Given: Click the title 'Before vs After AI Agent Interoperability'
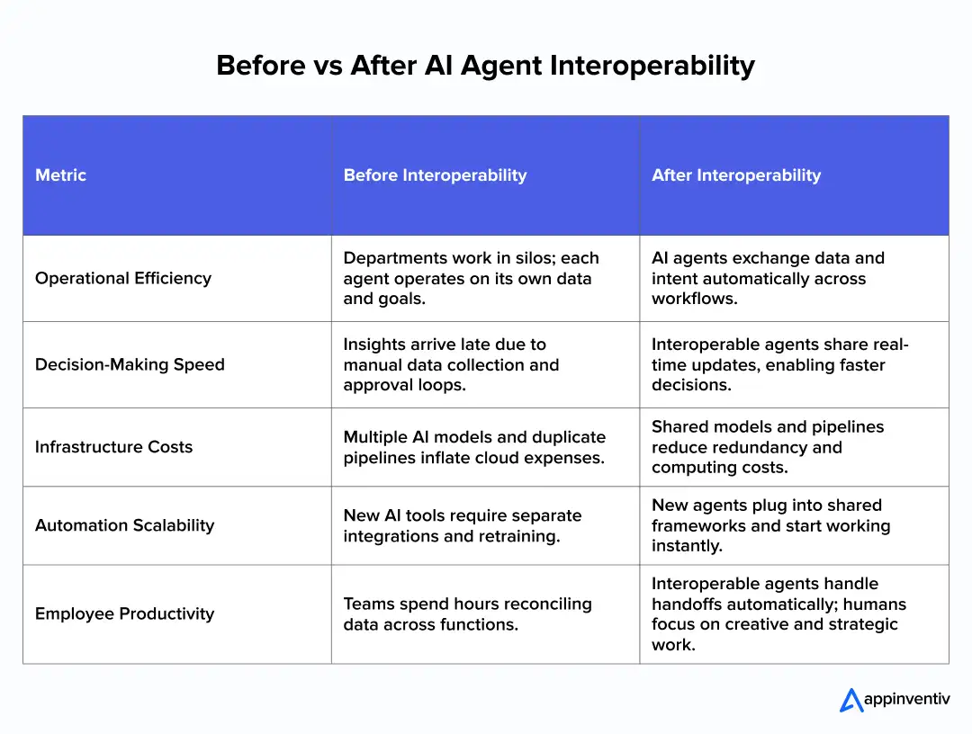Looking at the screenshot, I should (485, 66).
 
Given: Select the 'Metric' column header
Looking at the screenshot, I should (60, 175).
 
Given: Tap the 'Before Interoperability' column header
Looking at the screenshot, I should (435, 175).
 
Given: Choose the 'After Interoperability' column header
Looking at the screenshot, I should (736, 175).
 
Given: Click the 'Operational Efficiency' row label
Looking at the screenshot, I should (123, 278).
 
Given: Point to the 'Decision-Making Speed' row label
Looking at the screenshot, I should (130, 364).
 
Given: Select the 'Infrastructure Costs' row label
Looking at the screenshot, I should (113, 447).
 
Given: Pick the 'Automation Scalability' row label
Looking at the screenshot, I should (124, 525).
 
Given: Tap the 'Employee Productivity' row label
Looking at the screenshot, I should (124, 613).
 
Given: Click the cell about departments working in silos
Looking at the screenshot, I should (471, 278).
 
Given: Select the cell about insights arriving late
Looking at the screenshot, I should (451, 364).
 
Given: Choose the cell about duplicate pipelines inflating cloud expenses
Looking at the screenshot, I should (474, 447).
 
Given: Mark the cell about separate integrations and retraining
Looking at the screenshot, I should (462, 525).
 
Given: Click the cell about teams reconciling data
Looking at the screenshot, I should (467, 613).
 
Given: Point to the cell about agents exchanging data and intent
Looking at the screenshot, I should (768, 278).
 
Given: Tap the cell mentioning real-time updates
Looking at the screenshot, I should (780, 364).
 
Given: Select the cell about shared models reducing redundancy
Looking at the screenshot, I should (768, 447).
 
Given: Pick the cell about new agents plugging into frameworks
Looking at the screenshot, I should (770, 525).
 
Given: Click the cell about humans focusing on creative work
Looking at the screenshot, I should (778, 613).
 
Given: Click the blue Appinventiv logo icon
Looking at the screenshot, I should (850, 700).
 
